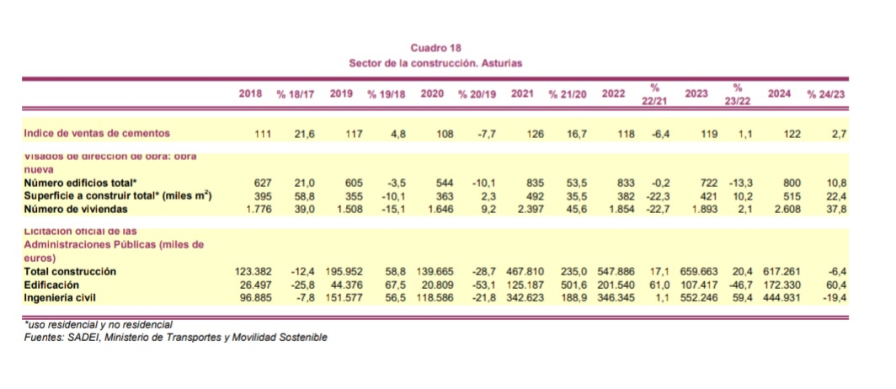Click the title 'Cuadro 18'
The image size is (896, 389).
click(x=435, y=49)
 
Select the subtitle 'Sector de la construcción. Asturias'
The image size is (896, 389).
click(x=435, y=63)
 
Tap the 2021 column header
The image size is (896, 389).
click(x=521, y=94)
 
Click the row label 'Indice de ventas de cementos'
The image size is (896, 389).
click(x=97, y=133)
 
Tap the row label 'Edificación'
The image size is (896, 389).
click(x=54, y=285)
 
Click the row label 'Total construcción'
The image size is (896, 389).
click(x=70, y=272)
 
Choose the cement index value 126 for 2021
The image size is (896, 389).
click(x=536, y=134)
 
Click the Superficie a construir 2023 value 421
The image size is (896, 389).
click(x=698, y=196)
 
